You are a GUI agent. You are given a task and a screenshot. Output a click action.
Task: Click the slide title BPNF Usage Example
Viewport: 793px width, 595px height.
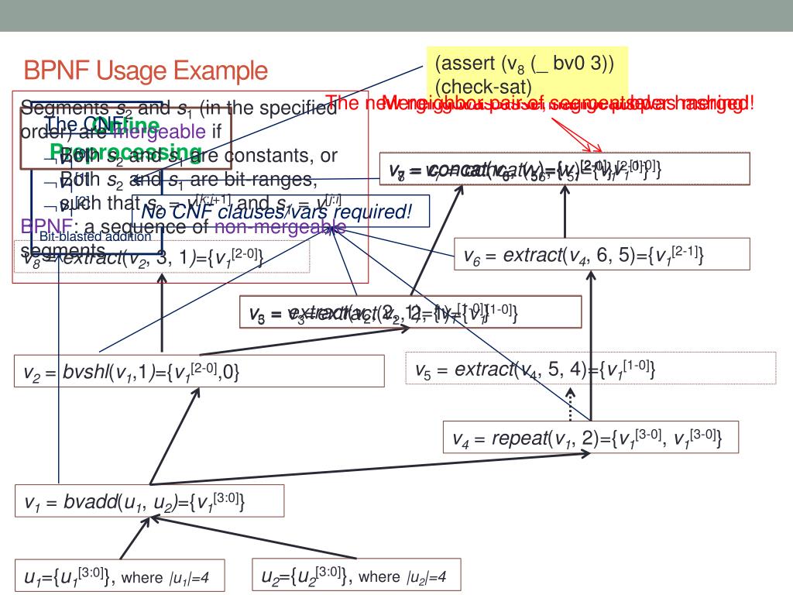[146, 73]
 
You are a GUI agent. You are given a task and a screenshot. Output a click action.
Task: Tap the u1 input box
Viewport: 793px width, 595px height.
[122, 576]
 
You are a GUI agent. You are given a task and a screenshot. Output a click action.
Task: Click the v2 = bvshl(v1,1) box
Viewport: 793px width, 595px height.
[200, 371]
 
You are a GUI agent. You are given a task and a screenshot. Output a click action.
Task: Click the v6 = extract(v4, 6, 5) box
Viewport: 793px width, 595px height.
[602, 254]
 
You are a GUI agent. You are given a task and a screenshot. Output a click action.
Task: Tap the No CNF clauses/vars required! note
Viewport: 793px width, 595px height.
[276, 210]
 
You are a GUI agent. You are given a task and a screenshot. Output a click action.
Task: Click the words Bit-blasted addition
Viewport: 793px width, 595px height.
[94, 237]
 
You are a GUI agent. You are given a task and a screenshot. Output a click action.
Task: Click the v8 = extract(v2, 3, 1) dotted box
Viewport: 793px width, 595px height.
[162, 256]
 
